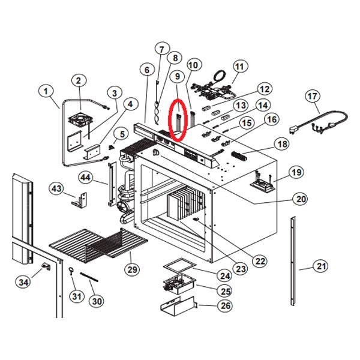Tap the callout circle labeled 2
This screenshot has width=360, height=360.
click(x=79, y=80)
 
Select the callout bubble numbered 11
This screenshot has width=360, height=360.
click(x=240, y=66)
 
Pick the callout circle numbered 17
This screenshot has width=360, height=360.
click(x=312, y=96)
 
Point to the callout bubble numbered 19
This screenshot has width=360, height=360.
click(x=296, y=173)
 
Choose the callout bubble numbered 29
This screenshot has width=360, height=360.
click(x=131, y=269)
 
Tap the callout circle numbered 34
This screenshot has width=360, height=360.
click(x=23, y=282)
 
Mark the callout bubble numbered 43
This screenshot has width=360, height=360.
click(x=56, y=188)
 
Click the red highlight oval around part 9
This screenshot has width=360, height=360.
click(x=179, y=119)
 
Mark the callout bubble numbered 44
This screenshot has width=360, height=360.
click(x=85, y=178)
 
